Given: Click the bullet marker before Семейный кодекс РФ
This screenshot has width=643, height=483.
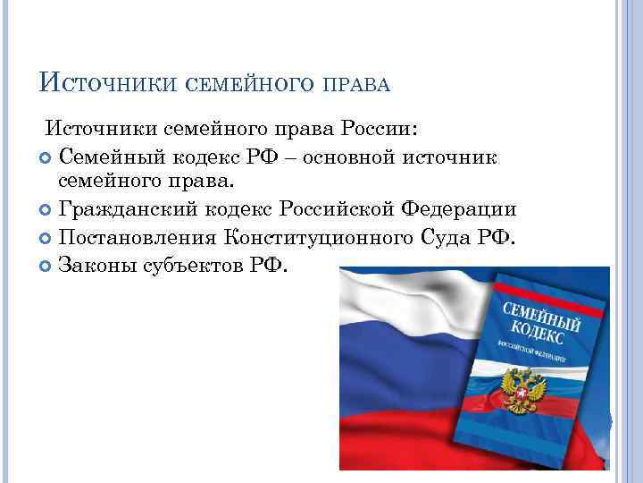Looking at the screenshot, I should coord(46,157).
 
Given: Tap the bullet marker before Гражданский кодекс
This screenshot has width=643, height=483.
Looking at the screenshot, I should coord(46,211).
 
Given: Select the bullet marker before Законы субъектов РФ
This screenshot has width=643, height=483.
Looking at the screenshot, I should coord(46,267).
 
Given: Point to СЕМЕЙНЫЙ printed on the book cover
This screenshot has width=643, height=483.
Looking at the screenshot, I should coord(539,315).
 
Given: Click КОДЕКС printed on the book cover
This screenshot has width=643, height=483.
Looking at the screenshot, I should coord(537,335).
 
